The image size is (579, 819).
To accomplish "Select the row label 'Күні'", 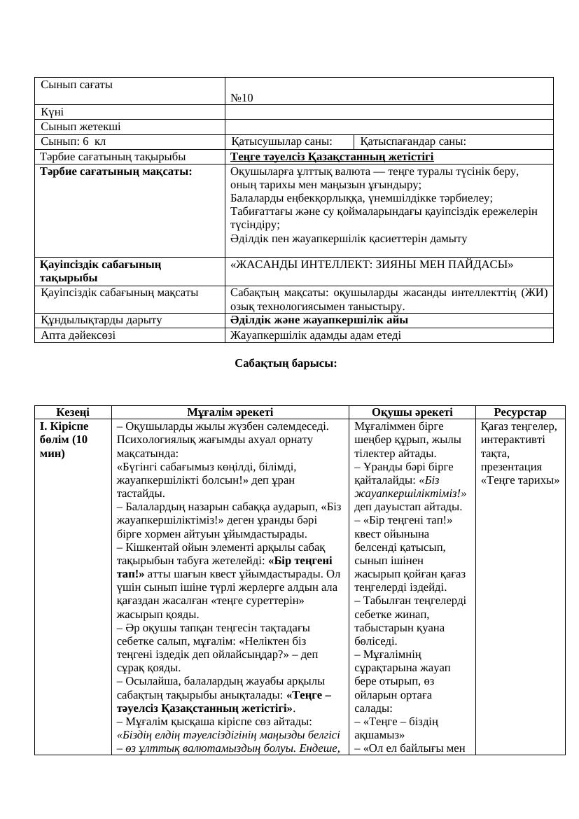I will tap(53, 112).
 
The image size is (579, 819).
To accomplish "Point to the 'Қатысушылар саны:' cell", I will tap(281, 141).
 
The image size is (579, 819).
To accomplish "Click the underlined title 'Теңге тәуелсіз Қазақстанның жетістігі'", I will tap(332, 156).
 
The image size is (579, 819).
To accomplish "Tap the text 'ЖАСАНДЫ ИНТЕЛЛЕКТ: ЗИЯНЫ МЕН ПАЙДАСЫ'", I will tap(372, 265).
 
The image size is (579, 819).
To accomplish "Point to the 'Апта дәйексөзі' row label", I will tap(78, 335).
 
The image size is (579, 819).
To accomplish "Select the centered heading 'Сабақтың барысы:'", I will tap(286, 363).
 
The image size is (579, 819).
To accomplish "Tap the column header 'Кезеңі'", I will tap(73, 412).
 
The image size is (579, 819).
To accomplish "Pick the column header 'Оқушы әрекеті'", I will tap(412, 412).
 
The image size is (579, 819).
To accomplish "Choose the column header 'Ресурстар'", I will tap(519, 412).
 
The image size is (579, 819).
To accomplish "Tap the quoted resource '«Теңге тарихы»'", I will tap(520, 480).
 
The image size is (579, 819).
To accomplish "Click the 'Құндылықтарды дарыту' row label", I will tap(102, 320).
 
